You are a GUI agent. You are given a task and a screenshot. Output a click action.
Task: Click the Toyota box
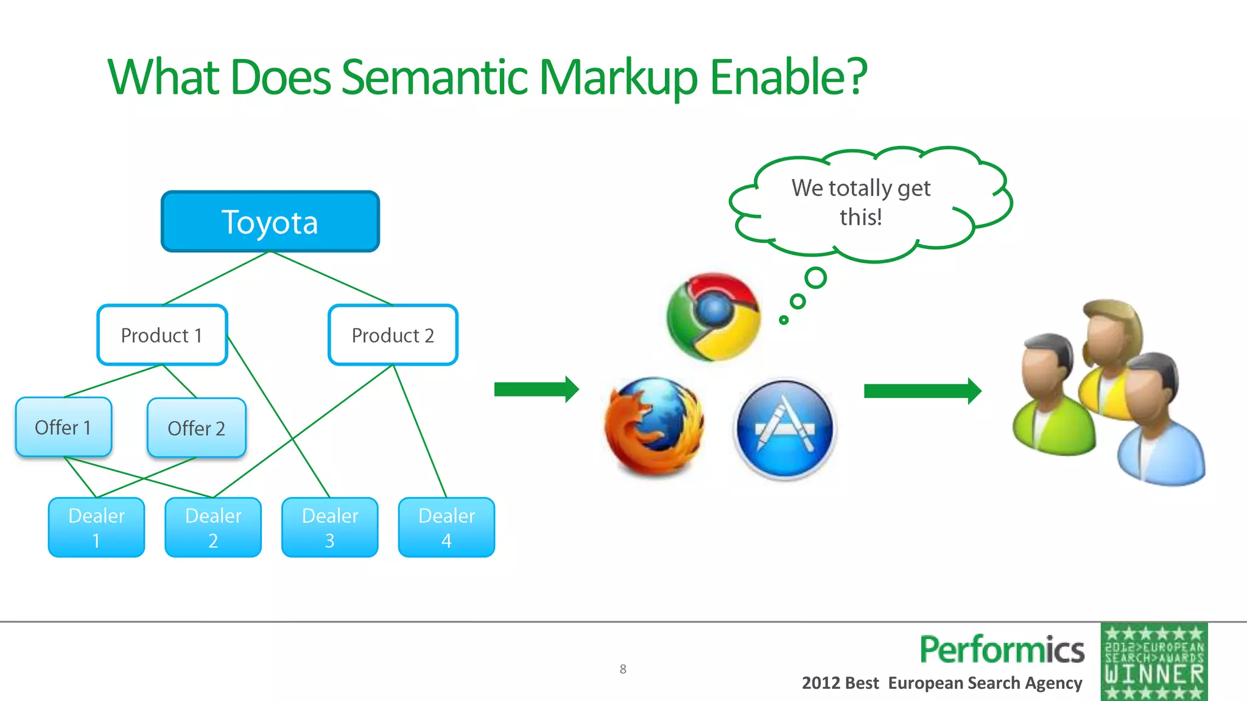(270, 221)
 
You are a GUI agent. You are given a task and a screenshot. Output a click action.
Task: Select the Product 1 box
(162, 335)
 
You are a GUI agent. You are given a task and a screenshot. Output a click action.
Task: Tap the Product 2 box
(393, 335)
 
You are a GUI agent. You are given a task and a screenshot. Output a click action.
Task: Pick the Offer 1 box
(63, 427)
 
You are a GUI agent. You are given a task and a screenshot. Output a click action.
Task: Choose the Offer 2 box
(196, 428)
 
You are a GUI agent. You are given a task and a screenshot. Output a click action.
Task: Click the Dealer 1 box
(96, 528)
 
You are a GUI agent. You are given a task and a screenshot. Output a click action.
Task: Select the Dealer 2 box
(213, 528)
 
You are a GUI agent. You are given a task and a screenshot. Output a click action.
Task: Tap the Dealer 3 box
(329, 528)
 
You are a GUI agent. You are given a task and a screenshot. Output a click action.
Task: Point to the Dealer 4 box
(446, 528)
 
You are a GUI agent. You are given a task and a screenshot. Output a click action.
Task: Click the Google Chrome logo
(713, 316)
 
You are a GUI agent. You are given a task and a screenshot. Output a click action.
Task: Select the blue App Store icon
(784, 428)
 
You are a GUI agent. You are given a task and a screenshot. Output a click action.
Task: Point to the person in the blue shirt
(1157, 426)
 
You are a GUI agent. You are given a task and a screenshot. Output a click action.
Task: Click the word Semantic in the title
(435, 78)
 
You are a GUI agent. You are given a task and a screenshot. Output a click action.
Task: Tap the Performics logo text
(1002, 650)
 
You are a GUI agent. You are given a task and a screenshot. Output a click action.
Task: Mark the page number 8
(623, 669)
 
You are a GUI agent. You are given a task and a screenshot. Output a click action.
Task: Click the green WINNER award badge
(1154, 662)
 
